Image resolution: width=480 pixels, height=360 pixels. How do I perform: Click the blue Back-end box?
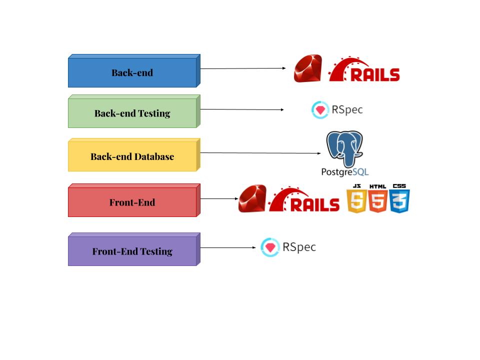coord(132,72)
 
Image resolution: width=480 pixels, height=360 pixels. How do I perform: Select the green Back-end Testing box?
coord(132,113)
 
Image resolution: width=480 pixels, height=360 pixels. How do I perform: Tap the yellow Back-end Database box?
coord(132,156)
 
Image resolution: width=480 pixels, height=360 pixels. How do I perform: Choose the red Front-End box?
coord(132,202)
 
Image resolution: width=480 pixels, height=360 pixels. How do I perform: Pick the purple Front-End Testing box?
coord(132,251)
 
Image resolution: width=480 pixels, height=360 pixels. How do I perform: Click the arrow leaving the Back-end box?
coord(242,68)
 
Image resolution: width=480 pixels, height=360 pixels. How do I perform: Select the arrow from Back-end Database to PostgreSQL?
coord(260,153)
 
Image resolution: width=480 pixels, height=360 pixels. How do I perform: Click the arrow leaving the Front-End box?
coord(218,198)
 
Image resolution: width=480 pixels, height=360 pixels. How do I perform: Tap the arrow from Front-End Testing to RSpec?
coord(228,247)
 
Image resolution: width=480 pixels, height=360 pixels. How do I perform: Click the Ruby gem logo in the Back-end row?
coord(307,68)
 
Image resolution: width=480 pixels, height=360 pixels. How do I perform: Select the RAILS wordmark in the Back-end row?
coord(364,70)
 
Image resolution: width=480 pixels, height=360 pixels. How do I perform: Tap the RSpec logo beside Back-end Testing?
coord(336,109)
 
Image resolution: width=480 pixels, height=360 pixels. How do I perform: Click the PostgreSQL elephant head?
coord(345,148)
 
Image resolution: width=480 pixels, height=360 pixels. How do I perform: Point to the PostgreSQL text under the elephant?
coord(345,171)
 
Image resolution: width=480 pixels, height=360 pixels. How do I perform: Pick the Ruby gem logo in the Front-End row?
coord(252,198)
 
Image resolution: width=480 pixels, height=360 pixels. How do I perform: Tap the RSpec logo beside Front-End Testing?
coord(288,247)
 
